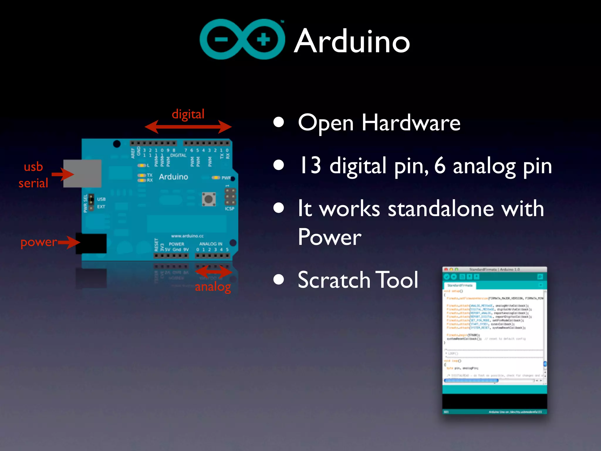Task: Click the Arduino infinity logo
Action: [x=242, y=39]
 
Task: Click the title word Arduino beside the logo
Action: [x=352, y=41]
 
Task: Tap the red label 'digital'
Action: [x=188, y=114]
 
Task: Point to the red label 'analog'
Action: [x=213, y=287]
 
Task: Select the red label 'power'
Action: [x=38, y=242]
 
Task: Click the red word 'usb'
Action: [x=33, y=167]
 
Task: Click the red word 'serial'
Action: [x=33, y=183]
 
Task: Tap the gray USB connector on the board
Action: [x=82, y=173]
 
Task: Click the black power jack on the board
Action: [x=91, y=243]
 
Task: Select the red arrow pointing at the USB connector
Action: [x=63, y=174]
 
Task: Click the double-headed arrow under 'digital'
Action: [x=188, y=127]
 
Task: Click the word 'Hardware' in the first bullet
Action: [x=411, y=123]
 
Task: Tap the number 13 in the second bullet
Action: [x=310, y=165]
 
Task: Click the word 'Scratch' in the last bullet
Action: [x=334, y=280]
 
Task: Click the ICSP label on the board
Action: [x=229, y=209]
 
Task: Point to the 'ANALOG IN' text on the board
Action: [x=211, y=244]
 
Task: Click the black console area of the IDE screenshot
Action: [x=494, y=401]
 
